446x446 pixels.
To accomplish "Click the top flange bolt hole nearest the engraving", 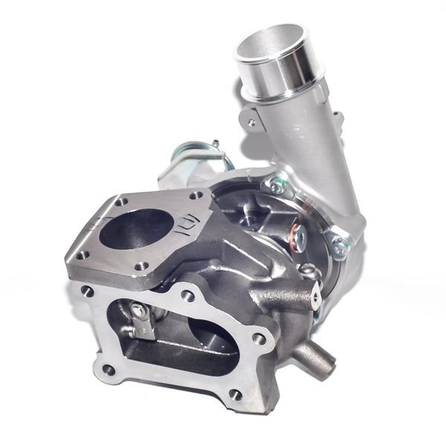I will [197, 195].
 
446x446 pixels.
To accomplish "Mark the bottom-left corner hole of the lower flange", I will [109, 369].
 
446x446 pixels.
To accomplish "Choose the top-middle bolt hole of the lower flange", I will [188, 296].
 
